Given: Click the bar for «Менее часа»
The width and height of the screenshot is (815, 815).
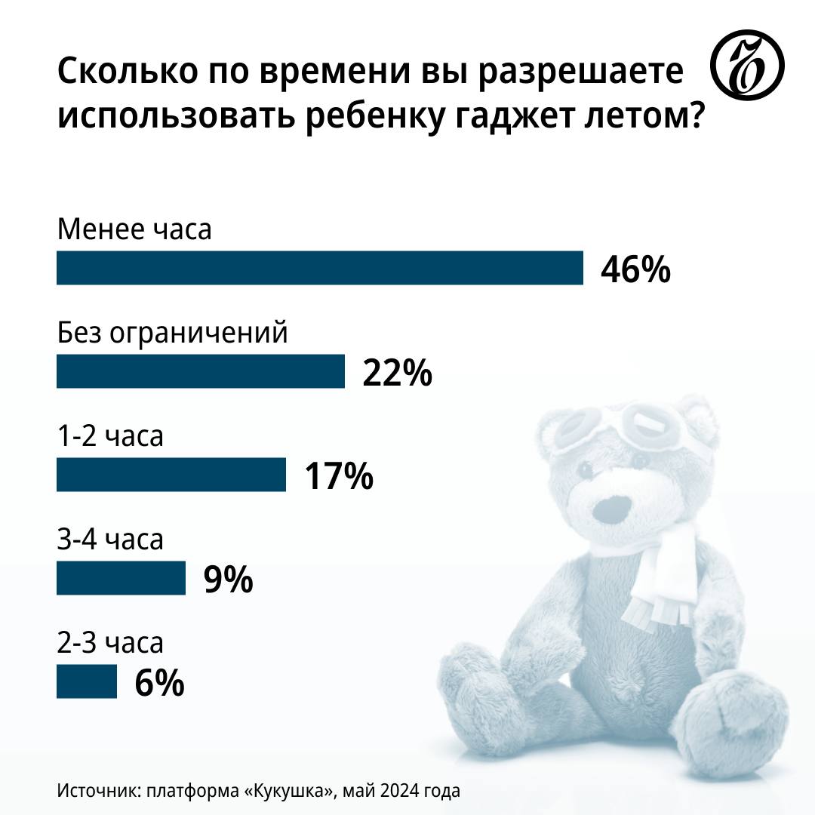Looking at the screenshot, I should (319, 268).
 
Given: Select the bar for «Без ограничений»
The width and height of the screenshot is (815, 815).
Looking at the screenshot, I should (200, 371).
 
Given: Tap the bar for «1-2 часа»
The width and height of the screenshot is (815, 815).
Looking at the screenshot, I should (171, 475).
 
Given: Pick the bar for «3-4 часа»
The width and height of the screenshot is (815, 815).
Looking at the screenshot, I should (121, 578).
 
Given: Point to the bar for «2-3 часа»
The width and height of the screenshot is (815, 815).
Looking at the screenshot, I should (87, 681).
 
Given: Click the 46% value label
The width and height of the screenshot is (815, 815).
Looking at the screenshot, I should (635, 269).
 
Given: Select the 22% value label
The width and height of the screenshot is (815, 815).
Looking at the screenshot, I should (397, 373).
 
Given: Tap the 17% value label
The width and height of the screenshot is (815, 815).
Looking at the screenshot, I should (339, 476).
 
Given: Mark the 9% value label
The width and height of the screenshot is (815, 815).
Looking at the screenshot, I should (228, 580).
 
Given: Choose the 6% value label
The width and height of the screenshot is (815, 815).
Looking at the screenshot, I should (159, 683).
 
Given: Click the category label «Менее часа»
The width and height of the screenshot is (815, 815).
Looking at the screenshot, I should (134, 229).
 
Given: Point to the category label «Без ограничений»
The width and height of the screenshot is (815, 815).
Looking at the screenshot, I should (173, 333).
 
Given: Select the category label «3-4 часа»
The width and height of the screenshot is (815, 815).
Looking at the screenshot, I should (110, 540).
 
